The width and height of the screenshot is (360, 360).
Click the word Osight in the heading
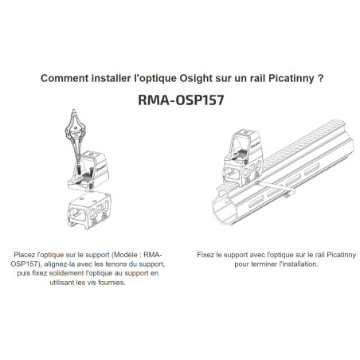(x=196, y=79)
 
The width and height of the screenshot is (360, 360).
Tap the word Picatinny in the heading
(x=292, y=79)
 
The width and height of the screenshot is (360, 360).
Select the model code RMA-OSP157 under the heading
(x=181, y=100)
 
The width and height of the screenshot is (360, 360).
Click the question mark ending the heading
(x=320, y=78)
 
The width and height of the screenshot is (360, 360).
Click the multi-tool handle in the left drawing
(x=75, y=129)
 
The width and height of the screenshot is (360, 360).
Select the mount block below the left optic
(x=89, y=210)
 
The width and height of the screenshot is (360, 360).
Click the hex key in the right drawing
(x=276, y=188)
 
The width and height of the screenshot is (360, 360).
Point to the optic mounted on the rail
(x=243, y=157)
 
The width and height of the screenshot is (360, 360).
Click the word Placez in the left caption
(x=25, y=255)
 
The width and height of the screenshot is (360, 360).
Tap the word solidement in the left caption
(x=66, y=273)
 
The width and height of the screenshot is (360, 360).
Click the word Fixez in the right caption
(x=205, y=255)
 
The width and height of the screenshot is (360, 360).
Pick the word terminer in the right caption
(x=264, y=264)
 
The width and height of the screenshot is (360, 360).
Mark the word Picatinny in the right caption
(x=341, y=255)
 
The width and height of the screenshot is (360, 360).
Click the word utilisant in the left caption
(x=62, y=283)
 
